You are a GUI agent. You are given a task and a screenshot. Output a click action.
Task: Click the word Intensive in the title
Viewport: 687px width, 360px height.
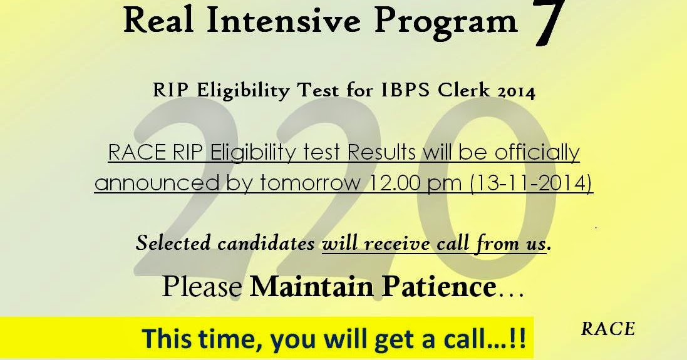coord(284,20)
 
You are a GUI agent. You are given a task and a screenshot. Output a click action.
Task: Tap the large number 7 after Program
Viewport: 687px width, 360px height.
coord(549,23)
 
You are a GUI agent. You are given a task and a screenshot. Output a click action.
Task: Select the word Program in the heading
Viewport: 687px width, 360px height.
coord(446,23)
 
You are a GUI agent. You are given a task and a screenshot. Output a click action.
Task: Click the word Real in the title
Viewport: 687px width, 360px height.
coord(158,20)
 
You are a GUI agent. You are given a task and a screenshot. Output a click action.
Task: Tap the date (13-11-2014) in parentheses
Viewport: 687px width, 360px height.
coord(532,182)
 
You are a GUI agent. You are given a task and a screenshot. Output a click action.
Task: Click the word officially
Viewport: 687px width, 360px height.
coord(537,152)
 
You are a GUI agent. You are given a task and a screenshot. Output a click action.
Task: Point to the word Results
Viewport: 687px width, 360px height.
coord(381,152)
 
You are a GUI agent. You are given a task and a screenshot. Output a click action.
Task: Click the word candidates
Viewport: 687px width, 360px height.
coord(266,243)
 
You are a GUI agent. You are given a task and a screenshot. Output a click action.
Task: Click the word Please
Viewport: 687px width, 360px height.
coord(202,287)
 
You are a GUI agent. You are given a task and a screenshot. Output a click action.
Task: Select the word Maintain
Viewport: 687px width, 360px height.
coord(313,287)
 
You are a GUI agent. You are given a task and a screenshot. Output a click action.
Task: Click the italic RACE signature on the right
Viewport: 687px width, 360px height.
coord(608,329)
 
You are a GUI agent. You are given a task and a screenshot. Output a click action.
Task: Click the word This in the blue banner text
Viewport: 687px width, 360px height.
coord(167,338)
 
